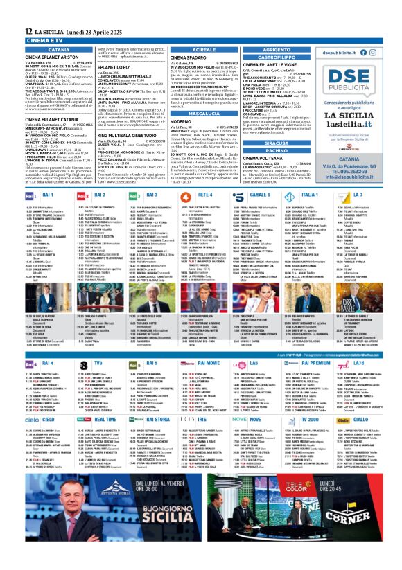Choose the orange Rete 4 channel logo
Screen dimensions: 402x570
point(185,197)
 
